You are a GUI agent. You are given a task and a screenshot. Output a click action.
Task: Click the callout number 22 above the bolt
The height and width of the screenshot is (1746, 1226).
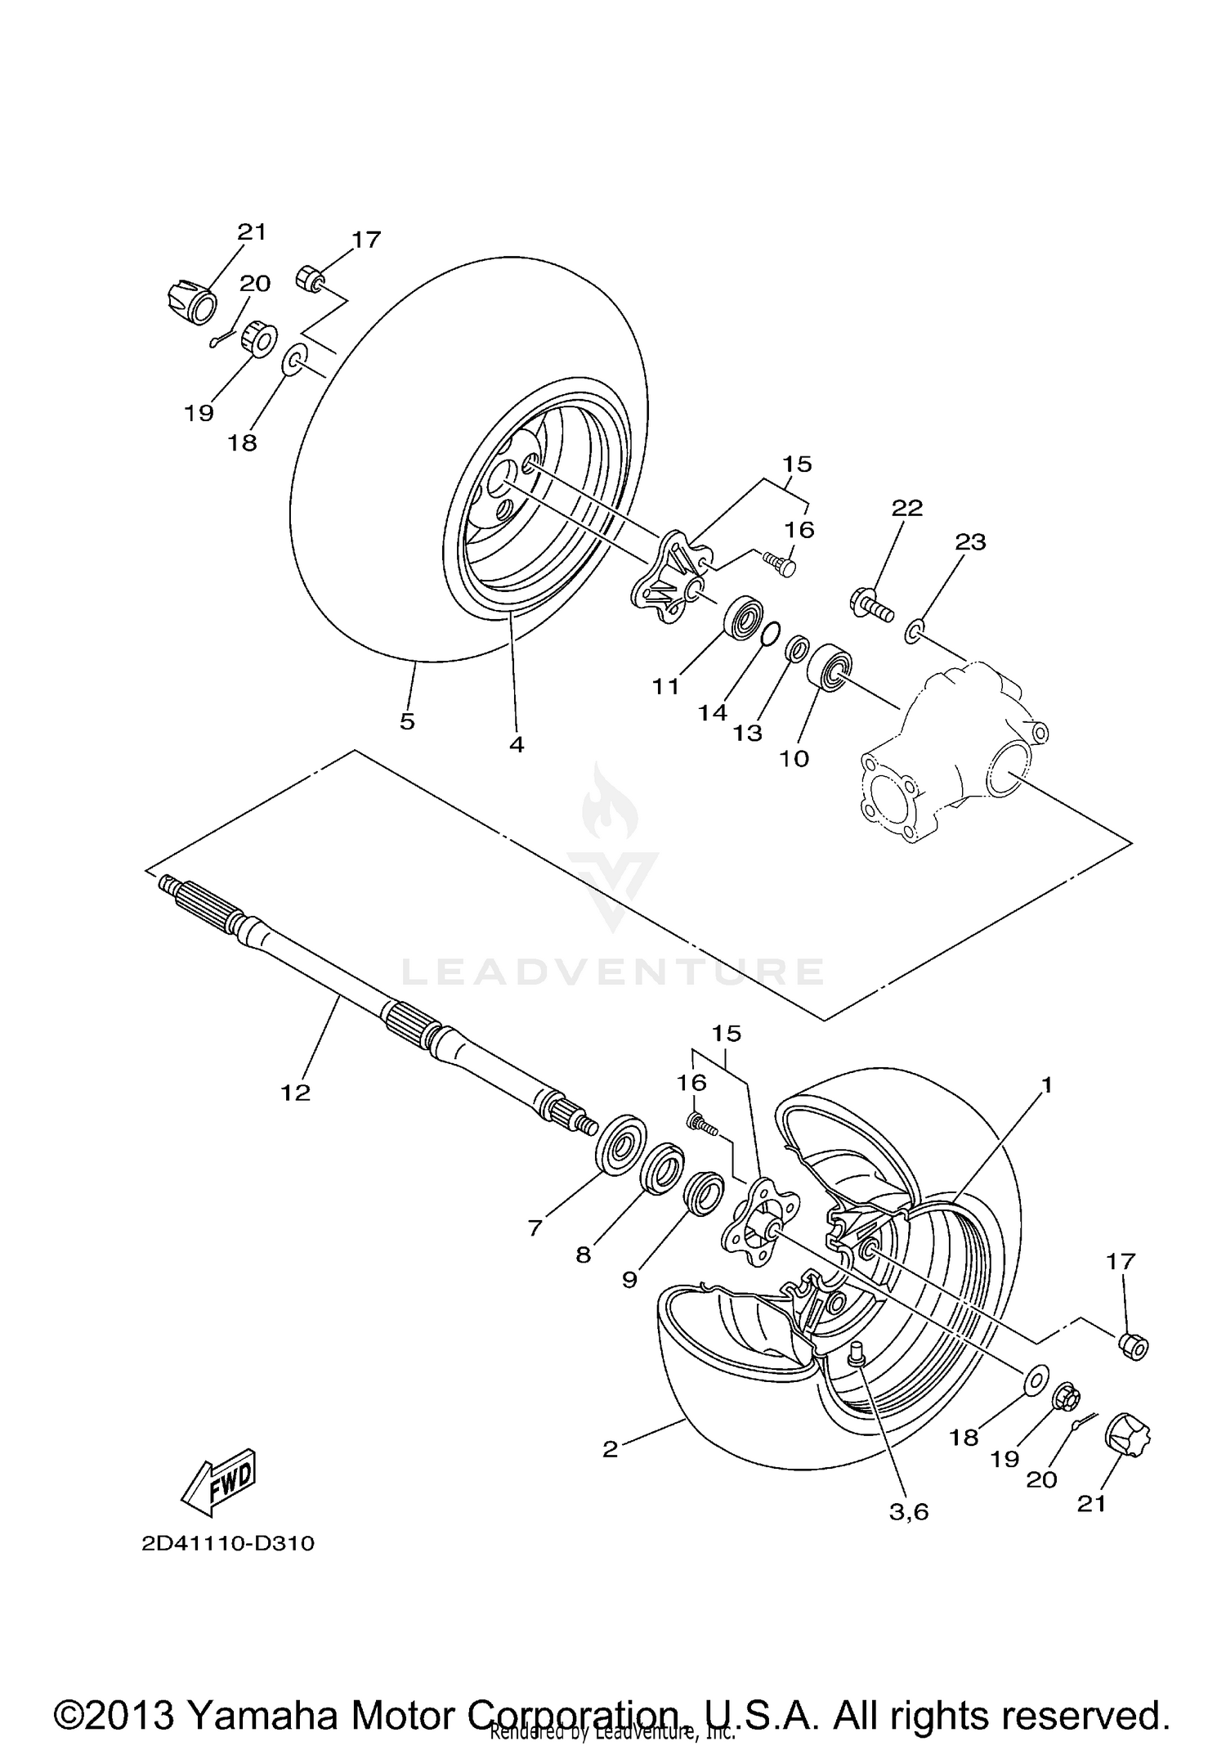tap(906, 508)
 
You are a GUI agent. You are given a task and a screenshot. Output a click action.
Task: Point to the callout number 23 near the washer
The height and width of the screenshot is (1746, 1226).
tap(970, 541)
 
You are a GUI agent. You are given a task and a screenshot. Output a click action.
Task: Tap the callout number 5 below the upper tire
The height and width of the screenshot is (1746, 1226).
tap(407, 721)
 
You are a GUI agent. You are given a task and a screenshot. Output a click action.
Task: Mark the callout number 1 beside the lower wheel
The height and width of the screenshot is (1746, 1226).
tap(1045, 1085)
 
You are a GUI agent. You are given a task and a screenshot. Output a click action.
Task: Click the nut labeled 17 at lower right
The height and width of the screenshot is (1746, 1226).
tap(1132, 1344)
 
